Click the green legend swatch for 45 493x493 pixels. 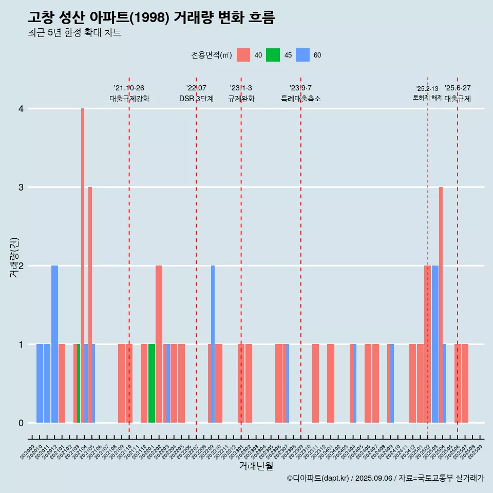273,55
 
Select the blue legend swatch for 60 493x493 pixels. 303,55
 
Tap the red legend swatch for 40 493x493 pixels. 243,55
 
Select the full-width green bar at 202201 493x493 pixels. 151,383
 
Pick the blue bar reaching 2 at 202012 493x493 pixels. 54,344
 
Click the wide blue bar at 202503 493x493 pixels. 435,344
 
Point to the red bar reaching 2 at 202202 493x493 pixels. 159,344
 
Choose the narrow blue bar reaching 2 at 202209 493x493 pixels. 213,344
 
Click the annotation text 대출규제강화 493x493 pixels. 129,99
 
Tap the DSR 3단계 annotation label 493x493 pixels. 196,99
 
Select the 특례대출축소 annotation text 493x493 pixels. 301,99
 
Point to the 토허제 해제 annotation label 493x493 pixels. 427,97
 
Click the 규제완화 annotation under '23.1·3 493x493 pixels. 241,99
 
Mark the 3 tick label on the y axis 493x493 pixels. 21,187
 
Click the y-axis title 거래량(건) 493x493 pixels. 14,258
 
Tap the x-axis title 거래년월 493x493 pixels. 256,466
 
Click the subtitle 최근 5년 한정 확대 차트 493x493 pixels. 75,33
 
